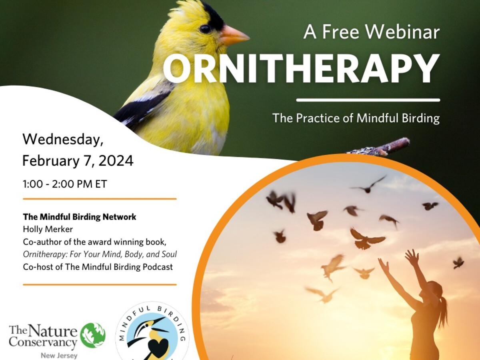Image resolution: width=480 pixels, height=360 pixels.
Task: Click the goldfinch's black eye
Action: [x=205, y=29]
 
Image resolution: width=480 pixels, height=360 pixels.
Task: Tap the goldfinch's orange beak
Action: [x=234, y=35]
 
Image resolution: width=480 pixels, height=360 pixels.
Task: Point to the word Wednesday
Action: [x=63, y=140]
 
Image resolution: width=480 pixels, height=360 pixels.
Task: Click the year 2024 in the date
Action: [x=116, y=161]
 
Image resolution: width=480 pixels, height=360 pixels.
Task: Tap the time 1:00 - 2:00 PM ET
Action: [x=65, y=184]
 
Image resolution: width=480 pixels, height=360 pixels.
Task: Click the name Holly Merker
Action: [x=48, y=229]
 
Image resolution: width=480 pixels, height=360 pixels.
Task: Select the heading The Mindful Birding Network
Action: [x=80, y=217]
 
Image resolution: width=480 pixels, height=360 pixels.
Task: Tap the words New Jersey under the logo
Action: [x=59, y=356]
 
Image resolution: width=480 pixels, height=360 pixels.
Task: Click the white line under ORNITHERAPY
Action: [x=368, y=100]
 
